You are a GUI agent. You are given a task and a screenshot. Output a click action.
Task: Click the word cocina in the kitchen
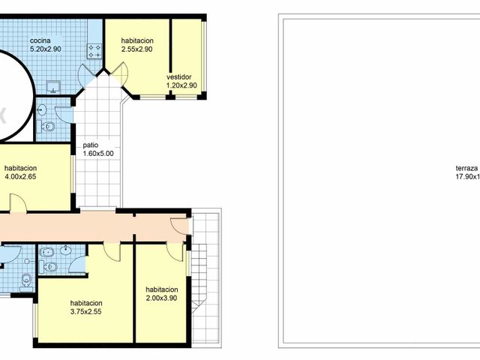point(40,40)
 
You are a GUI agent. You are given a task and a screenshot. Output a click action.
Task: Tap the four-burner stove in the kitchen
point(94,51)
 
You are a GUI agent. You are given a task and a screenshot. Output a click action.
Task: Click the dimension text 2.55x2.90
point(136,49)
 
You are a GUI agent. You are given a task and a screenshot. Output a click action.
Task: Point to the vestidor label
point(179,76)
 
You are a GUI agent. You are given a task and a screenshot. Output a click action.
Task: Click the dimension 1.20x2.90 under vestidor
point(181,85)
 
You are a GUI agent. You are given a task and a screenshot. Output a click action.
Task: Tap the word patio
point(90,145)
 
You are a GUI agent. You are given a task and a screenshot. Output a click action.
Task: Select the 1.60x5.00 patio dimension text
point(97,153)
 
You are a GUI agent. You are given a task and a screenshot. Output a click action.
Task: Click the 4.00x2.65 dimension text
point(20,177)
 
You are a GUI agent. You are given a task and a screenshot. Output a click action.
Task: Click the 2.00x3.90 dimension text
point(162,298)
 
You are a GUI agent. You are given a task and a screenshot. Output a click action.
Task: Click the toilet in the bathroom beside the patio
point(49,126)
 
